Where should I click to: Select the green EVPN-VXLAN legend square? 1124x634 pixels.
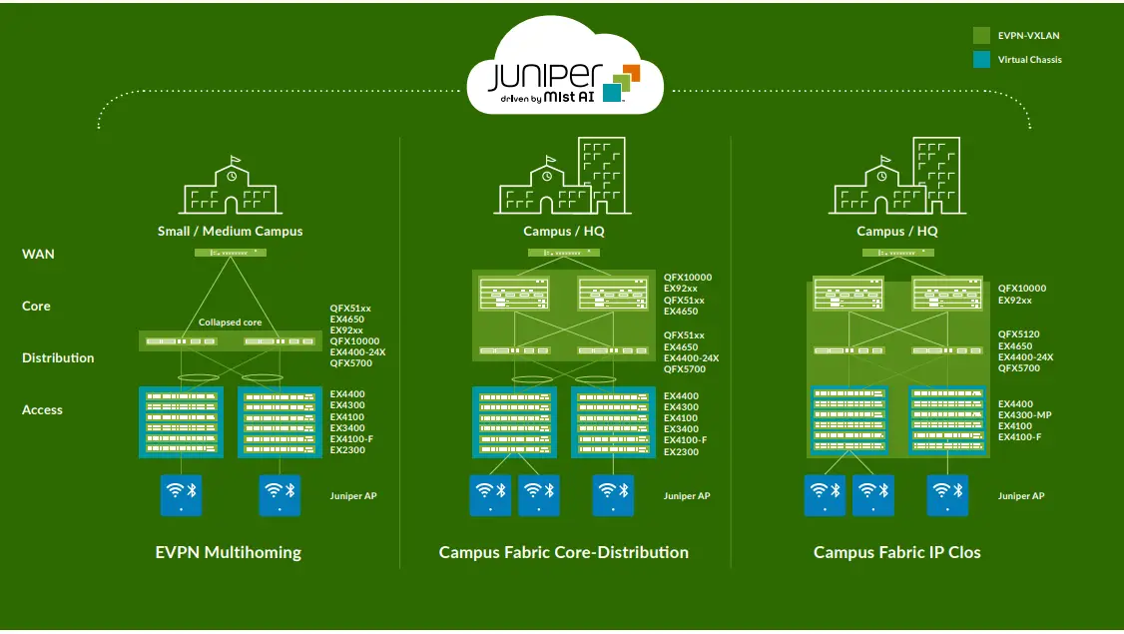point(982,35)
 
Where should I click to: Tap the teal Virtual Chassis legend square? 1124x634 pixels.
point(982,59)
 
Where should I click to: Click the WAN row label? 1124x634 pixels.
point(38,254)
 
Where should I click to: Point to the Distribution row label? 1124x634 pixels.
point(58,357)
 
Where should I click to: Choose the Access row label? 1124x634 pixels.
point(42,409)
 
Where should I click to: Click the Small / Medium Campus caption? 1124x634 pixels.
point(230,232)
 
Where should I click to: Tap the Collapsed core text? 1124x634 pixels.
point(230,322)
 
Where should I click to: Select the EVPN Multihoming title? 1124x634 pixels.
point(228,552)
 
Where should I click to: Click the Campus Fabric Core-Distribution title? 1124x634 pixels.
point(563,552)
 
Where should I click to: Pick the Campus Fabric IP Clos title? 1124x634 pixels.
point(896,552)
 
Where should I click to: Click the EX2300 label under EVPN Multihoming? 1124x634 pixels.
point(347,450)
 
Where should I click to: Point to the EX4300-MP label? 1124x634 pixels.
point(1025,415)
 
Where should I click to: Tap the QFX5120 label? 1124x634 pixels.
point(1018,335)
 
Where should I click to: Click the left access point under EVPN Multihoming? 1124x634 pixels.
point(181,494)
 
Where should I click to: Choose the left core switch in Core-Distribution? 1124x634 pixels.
point(514,294)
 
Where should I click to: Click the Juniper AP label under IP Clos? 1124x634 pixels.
point(1021,496)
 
